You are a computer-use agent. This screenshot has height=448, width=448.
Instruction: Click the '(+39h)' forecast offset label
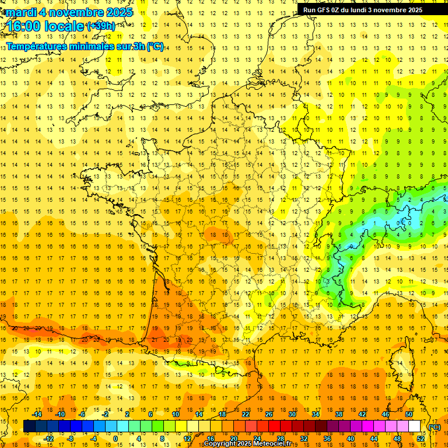(101, 26)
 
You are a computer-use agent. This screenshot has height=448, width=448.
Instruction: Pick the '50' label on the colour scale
(409, 414)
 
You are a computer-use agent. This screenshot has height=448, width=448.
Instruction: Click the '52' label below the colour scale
(421, 439)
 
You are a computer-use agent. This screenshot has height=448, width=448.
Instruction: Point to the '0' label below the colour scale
(116, 439)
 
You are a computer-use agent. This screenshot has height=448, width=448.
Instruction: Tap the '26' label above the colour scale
(269, 414)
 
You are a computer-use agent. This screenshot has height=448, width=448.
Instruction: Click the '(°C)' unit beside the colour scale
(435, 427)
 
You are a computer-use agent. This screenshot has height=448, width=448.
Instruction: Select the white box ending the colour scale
(415, 426)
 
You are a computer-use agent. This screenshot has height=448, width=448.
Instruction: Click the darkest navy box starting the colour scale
(29, 426)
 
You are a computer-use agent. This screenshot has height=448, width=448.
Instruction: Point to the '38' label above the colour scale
(339, 414)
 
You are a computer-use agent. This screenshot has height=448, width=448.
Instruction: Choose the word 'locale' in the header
(65, 26)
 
